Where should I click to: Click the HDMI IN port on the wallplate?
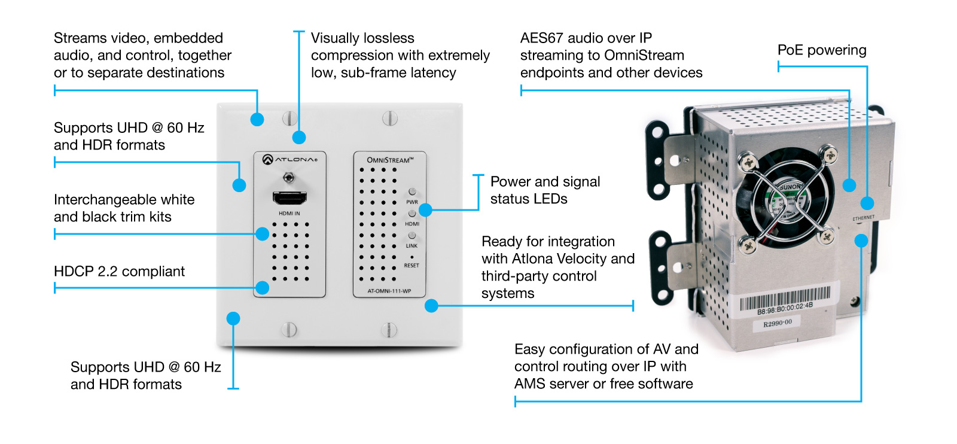click(289, 198)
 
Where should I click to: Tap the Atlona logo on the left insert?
click(290, 159)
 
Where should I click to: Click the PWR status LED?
click(412, 191)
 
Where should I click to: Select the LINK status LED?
click(412, 235)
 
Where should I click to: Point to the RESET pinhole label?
click(412, 265)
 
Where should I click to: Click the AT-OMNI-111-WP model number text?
click(389, 291)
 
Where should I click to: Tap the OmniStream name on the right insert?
click(390, 160)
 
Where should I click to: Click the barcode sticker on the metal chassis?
click(785, 299)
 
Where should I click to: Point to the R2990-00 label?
click(777, 324)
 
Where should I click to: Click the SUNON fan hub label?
click(791, 188)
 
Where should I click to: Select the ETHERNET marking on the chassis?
click(863, 218)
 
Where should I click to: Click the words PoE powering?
click(822, 50)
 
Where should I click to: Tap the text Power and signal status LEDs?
click(545, 190)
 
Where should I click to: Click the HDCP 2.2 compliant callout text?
click(119, 272)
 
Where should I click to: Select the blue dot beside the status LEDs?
click(425, 210)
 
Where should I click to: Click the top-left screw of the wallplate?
click(289, 118)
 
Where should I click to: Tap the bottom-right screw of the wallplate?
click(389, 329)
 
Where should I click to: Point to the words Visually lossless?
click(362, 38)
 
